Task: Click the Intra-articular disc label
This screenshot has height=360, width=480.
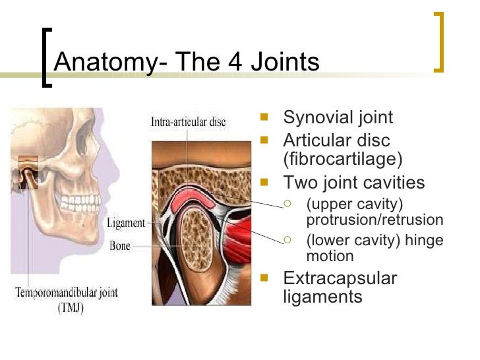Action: coord(188,122)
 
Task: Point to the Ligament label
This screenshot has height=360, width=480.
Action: coord(126,223)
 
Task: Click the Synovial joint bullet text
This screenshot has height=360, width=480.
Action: coord(338,118)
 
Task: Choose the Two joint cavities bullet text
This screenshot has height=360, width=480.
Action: coord(353,182)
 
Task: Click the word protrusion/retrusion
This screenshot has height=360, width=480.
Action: coord(375,220)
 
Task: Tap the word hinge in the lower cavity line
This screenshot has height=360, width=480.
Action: coord(426,241)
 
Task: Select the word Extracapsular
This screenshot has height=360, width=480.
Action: coord(340,278)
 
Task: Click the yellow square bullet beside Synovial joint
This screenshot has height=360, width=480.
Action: coord(265,119)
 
